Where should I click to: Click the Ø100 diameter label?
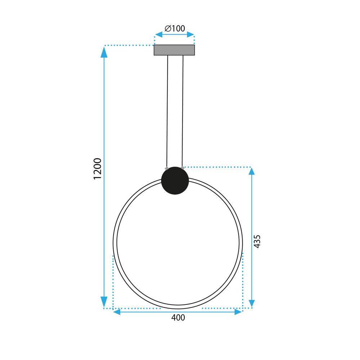[174, 28]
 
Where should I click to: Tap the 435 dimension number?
[257, 241]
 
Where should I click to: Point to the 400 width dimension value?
[178, 318]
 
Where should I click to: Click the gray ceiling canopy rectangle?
[174, 50]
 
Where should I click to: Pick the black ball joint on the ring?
[175, 181]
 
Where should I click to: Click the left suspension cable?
[167, 112]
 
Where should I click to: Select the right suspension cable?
[183, 112]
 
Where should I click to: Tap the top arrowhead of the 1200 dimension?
[104, 53]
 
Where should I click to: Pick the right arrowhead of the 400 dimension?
[238, 312]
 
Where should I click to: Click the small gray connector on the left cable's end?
[166, 168]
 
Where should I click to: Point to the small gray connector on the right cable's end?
[183, 168]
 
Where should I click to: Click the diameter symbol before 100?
[167, 28]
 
